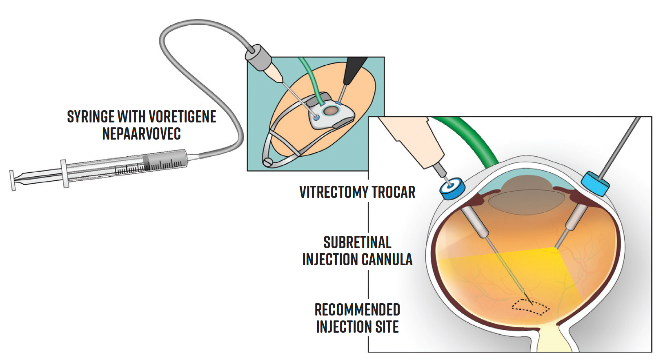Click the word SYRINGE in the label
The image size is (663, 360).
click(x=91, y=117)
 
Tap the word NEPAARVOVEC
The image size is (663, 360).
click(x=141, y=134)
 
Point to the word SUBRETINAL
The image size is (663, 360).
click(x=357, y=242)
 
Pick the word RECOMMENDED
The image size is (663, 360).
click(x=357, y=310)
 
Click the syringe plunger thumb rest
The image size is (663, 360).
click(x=13, y=180)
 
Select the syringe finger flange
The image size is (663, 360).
click(x=65, y=173)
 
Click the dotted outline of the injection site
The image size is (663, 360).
click(x=531, y=307)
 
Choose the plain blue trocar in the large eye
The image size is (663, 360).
click(x=595, y=183)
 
